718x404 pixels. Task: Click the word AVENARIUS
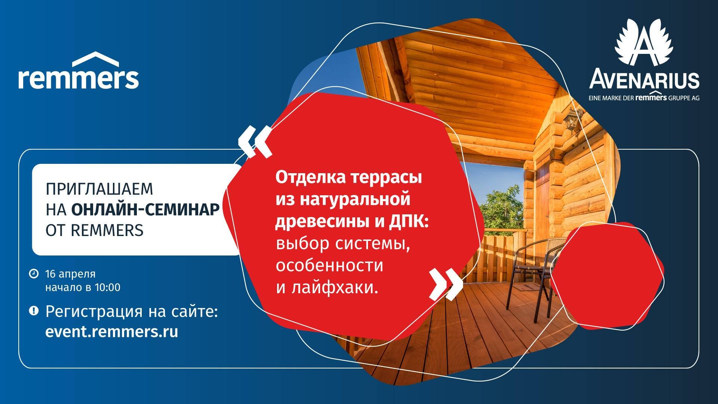644,80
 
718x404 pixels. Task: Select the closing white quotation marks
446,284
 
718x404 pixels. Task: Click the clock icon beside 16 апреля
34,273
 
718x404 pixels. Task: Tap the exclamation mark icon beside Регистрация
34,310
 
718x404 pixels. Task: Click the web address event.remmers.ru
112,332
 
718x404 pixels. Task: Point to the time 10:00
108,288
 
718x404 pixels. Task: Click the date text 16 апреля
70,274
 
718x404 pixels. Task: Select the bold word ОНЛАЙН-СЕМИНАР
145,210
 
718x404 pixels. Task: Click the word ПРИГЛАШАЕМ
99,189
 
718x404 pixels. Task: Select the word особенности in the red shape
329,265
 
